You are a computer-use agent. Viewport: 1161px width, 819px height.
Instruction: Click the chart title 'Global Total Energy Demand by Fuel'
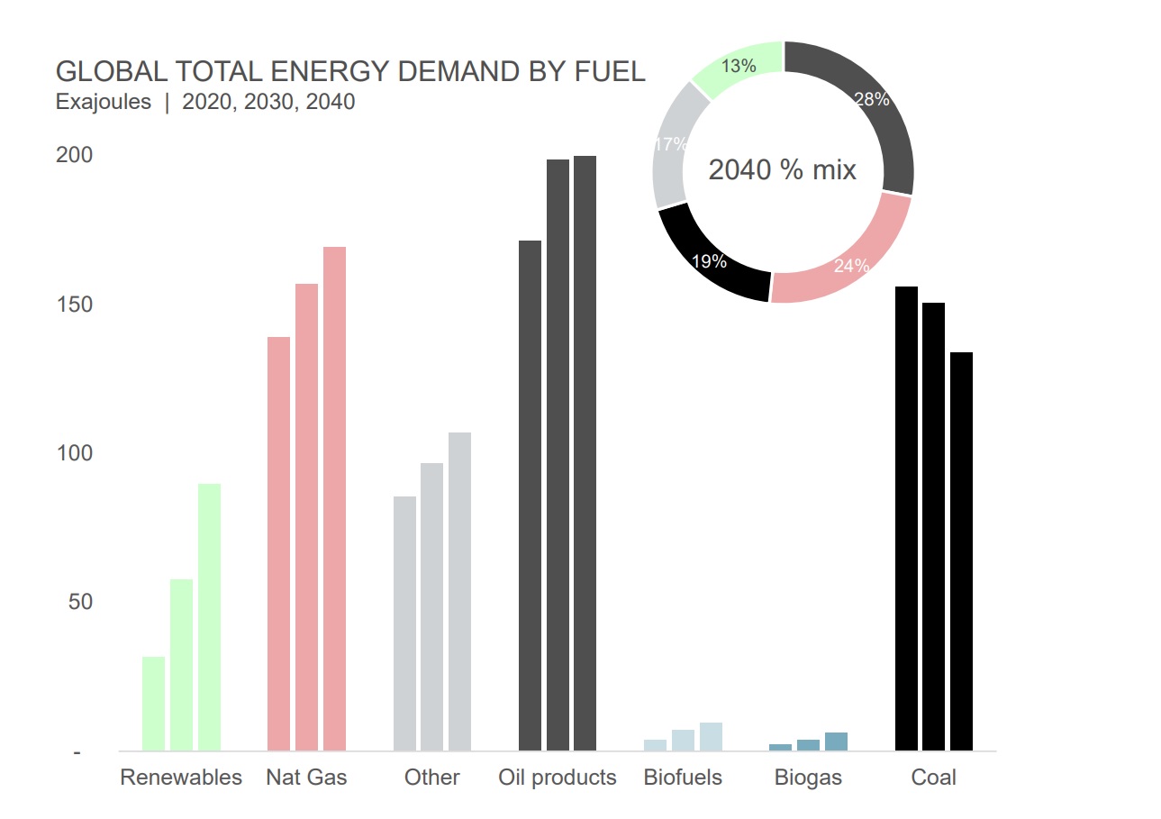coord(350,72)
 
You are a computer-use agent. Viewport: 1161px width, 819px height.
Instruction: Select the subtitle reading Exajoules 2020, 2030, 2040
coord(205,102)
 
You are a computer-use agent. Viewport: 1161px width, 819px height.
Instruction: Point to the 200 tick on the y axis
coord(75,155)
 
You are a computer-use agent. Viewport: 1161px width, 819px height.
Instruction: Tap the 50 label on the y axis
coord(80,601)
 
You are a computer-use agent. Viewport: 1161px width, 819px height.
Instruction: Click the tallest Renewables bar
coord(209,617)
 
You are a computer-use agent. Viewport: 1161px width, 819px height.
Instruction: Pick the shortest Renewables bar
coord(153,703)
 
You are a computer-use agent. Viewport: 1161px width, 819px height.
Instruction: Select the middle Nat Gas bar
coord(307,517)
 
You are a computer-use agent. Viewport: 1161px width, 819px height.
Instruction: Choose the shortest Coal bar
coord(961,551)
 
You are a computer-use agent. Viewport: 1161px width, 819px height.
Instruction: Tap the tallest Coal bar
coord(906,518)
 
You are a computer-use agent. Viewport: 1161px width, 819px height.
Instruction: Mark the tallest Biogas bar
coord(836,742)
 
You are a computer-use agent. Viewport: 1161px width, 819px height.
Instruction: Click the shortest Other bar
coord(405,623)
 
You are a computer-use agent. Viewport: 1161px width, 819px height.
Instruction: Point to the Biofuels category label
coord(683,778)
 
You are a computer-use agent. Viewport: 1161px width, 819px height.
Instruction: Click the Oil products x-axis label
coord(558,778)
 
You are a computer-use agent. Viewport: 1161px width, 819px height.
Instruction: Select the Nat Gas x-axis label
coord(306,778)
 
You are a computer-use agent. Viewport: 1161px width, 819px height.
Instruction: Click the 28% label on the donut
coord(871,100)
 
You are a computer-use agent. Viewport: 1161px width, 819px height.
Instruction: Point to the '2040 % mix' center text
coord(782,170)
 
